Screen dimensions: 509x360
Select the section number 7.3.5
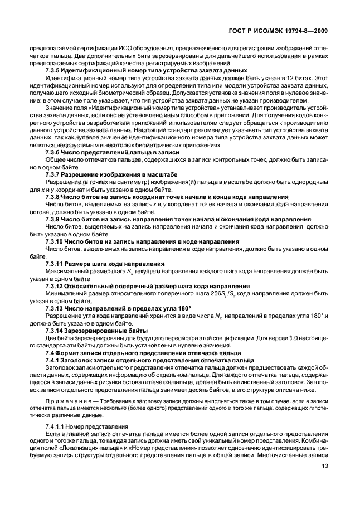pos(55,71)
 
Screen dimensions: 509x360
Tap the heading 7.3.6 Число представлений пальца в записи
pos(112,152)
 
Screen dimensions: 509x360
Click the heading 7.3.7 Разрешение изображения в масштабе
pos(111,174)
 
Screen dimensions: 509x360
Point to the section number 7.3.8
pos(55,197)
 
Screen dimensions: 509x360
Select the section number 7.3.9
pos(55,220)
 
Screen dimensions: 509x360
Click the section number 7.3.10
pos(56,241)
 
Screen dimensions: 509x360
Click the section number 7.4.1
pos(53,360)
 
